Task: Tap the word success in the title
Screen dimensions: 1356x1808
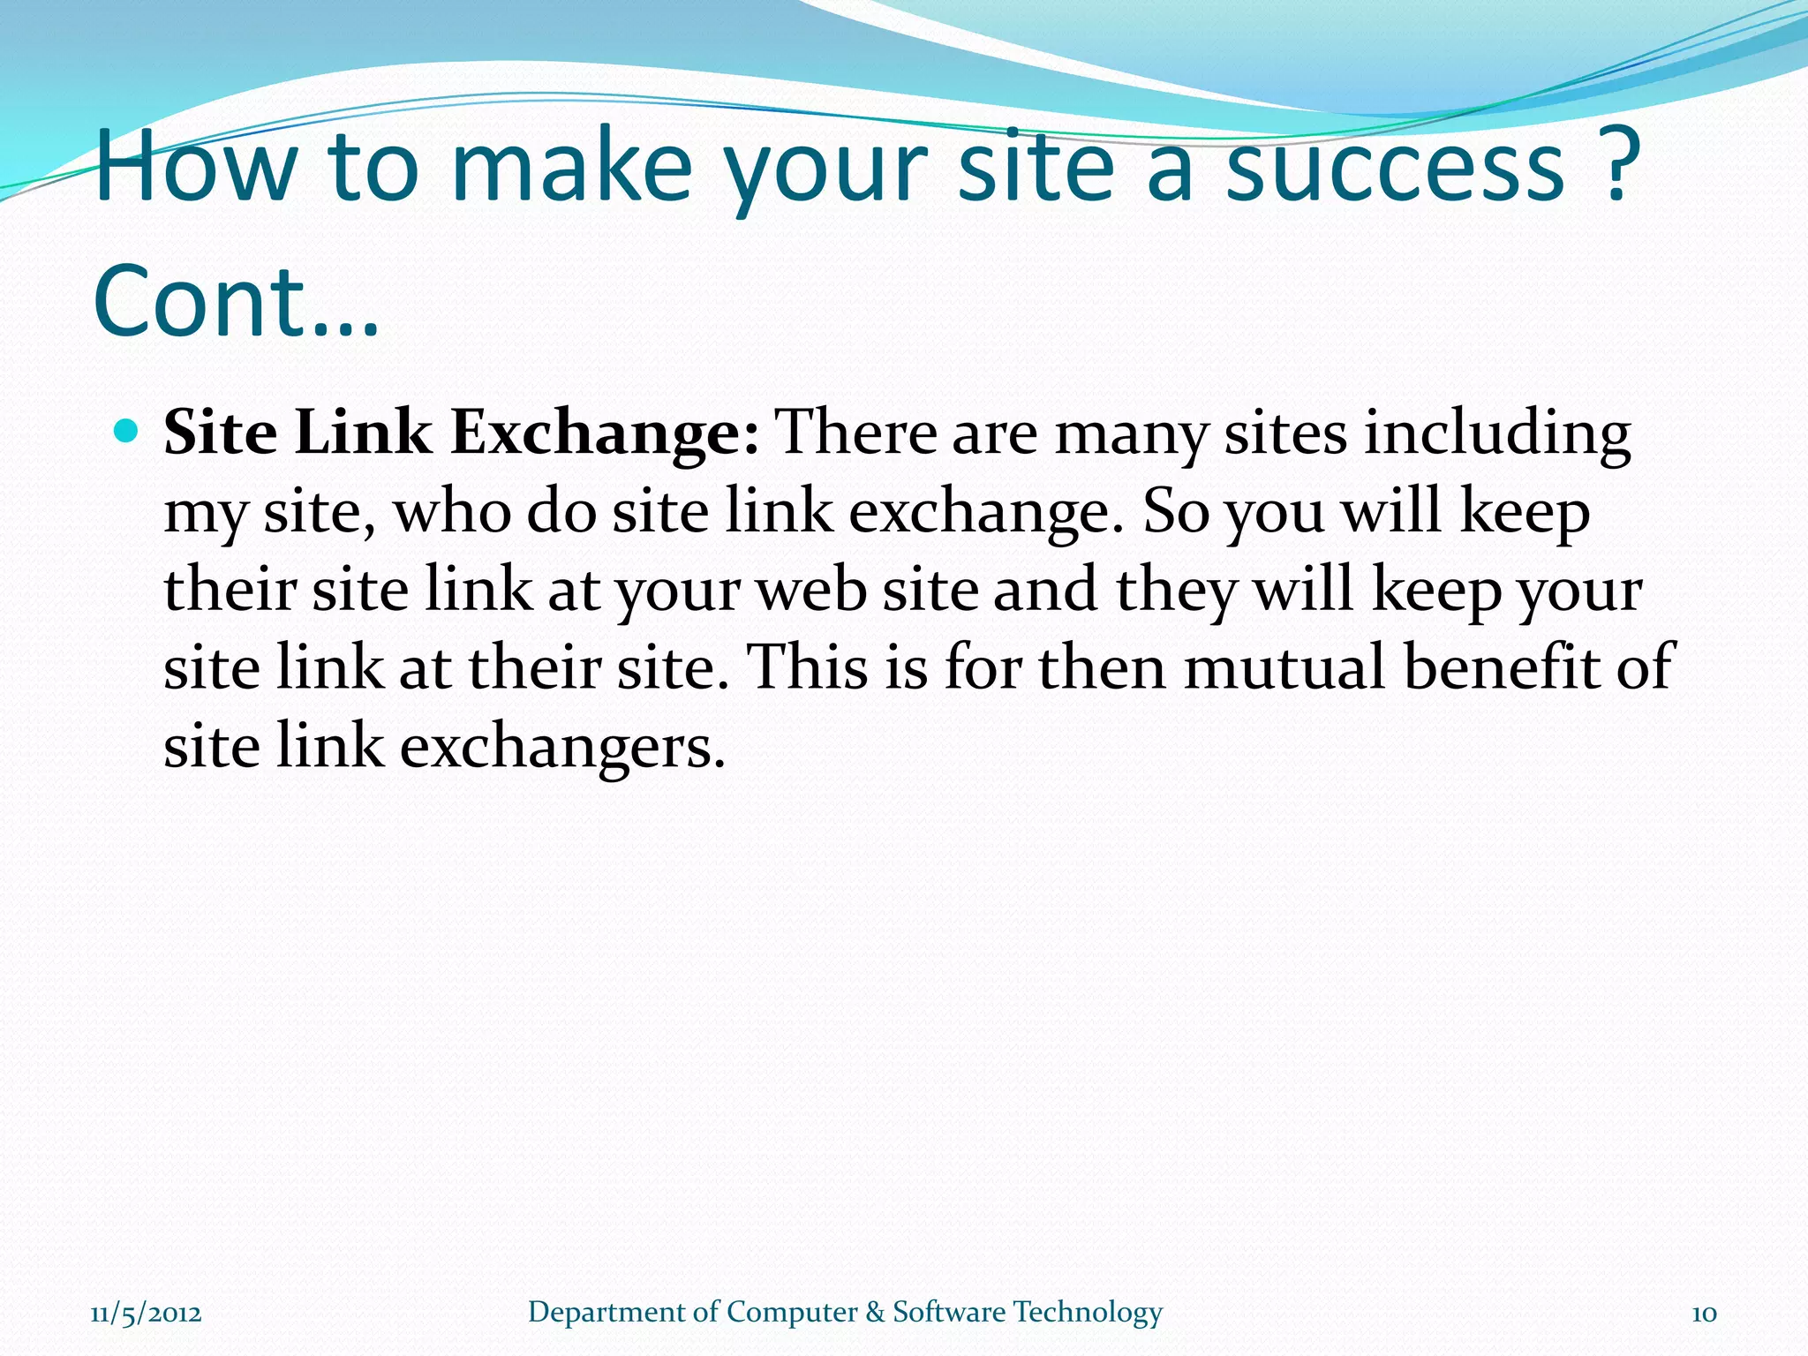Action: click(x=1396, y=168)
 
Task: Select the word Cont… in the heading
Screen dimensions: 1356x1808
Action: click(x=236, y=302)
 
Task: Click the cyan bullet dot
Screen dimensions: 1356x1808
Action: click(x=127, y=432)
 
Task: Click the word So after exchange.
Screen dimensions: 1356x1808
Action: click(x=1176, y=512)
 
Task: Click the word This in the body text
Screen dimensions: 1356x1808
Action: click(x=808, y=667)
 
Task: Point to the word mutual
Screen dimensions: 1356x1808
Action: click(x=1284, y=667)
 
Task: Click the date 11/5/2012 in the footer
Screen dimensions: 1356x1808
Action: click(x=146, y=1313)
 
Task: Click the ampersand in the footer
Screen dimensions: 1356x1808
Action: click(x=875, y=1313)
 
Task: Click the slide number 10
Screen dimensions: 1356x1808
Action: click(x=1704, y=1314)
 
